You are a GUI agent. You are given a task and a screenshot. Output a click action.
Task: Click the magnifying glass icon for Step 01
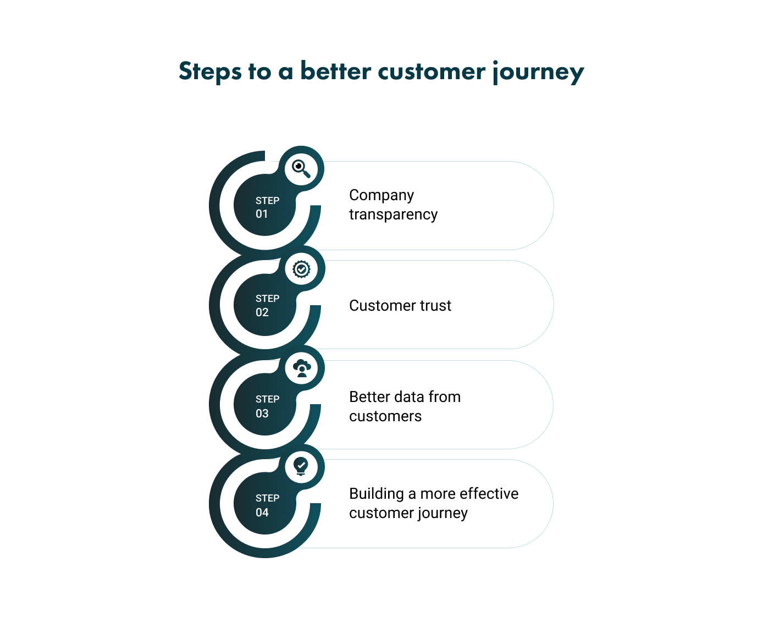301,169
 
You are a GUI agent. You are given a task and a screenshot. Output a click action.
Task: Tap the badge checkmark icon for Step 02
301,269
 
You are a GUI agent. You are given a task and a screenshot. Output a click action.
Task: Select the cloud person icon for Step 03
302,368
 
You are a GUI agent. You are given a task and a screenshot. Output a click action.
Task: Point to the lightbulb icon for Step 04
301,466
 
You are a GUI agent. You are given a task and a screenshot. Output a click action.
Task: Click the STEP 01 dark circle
265,206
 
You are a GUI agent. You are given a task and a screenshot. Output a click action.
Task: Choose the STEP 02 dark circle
265,305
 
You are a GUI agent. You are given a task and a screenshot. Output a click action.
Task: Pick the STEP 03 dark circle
265,405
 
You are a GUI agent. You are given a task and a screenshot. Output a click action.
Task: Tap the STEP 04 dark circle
265,504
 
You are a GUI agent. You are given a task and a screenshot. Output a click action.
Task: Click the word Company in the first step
381,195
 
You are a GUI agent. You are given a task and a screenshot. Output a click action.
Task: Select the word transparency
393,214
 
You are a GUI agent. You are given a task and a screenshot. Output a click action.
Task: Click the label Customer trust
400,306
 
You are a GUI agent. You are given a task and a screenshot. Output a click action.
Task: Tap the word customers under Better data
385,416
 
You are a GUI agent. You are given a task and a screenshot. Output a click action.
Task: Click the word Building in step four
377,494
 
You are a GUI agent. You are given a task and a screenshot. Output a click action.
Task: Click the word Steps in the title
210,72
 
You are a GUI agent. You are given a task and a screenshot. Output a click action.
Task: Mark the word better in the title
336,72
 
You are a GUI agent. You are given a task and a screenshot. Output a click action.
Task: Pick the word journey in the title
538,72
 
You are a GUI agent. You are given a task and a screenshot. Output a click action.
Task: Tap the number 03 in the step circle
262,414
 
